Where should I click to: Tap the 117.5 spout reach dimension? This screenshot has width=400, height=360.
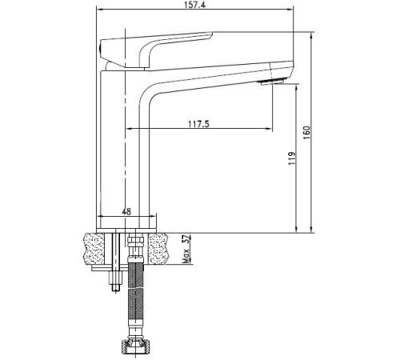(198, 124)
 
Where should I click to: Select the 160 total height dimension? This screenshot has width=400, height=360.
(307, 132)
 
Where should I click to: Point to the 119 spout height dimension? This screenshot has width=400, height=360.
(292, 158)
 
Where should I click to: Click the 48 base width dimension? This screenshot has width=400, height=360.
(126, 212)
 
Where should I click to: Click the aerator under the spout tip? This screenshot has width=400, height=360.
(272, 82)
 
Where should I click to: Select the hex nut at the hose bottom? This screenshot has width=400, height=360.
(136, 346)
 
